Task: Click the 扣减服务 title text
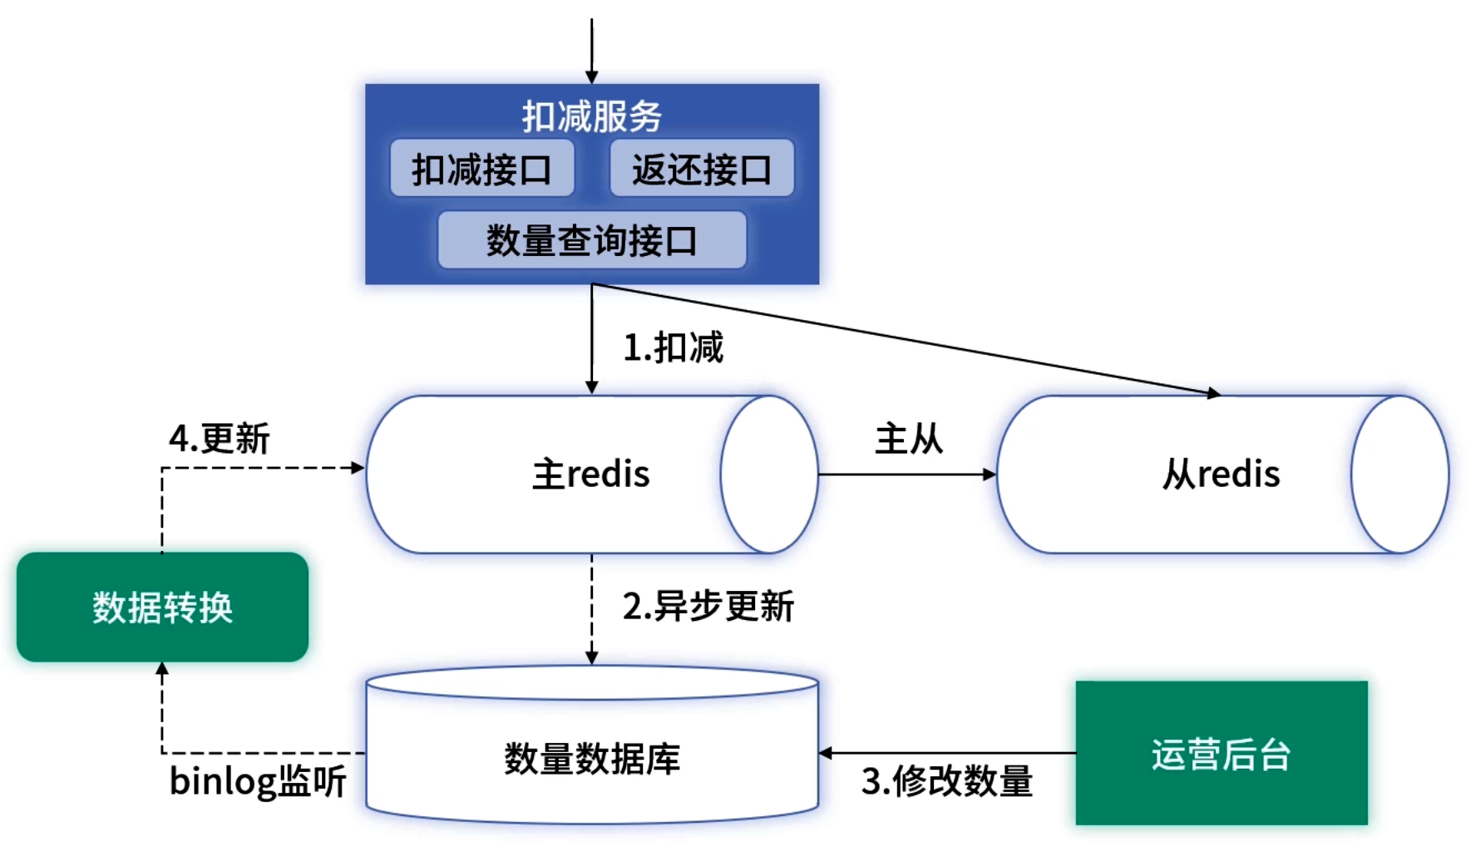(591, 116)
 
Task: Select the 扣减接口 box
(481, 169)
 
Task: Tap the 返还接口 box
(701, 169)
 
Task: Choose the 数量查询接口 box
(591, 240)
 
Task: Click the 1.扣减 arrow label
(673, 347)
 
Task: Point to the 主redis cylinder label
(590, 475)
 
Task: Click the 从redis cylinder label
(1221, 475)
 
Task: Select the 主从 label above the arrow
(908, 439)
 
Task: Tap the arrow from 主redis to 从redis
(906, 475)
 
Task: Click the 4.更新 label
(219, 439)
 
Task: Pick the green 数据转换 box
(162, 608)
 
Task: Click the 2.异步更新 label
(708, 607)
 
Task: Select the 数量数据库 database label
(591, 759)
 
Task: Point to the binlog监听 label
(258, 781)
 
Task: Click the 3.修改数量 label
(946, 781)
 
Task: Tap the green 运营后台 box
(1221, 754)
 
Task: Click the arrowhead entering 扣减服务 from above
(592, 77)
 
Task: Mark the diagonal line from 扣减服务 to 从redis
(906, 339)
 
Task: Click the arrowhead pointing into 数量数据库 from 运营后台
(826, 754)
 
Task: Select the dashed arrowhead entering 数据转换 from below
(162, 669)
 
